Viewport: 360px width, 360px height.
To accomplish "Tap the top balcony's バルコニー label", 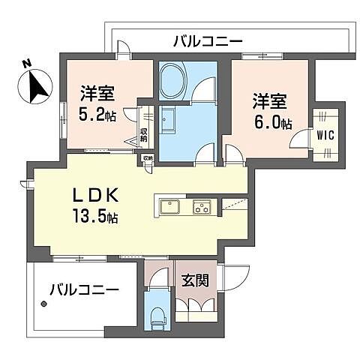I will pos(199,40).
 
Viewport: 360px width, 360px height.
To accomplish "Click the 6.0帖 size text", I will pos(271,124).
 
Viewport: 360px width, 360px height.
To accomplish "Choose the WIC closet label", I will pos(325,136).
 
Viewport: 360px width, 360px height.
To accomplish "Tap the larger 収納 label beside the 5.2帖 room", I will pos(144,138).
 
